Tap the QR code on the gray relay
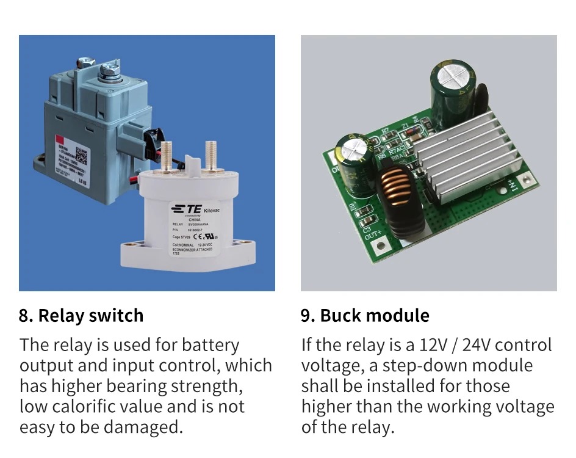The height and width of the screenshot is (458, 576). click(82, 153)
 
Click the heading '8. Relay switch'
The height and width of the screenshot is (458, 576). click(81, 316)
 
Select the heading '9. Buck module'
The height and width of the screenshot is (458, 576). click(365, 316)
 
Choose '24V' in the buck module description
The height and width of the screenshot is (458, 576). click(476, 345)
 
